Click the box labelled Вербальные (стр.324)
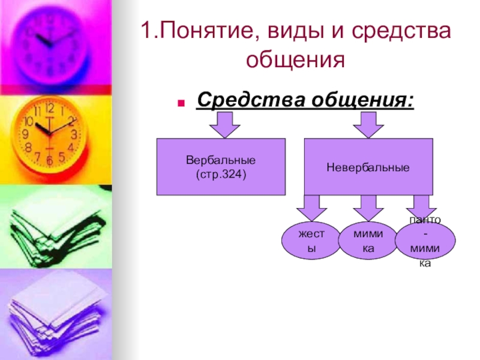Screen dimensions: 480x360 click(221, 167)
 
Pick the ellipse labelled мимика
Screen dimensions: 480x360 click(364, 242)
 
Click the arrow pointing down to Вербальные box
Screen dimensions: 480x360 click(224, 125)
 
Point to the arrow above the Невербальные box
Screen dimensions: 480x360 click(368, 125)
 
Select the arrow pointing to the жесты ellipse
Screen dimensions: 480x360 click(311, 209)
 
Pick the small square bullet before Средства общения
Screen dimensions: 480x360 click(180, 101)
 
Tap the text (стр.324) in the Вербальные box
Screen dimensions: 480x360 click(221, 173)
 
